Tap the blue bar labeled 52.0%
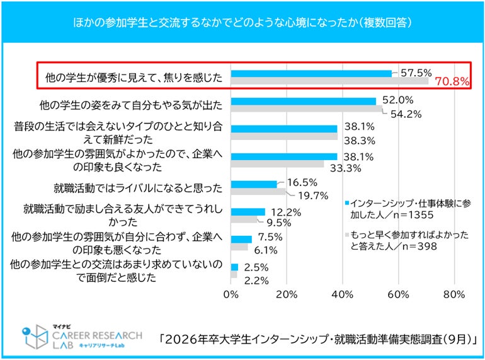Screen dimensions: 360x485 click(x=304, y=101)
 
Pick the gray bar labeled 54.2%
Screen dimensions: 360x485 click(x=307, y=108)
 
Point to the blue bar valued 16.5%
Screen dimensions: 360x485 click(x=254, y=184)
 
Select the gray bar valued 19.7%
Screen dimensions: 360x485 click(x=258, y=192)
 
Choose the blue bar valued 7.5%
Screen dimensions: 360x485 click(x=241, y=239)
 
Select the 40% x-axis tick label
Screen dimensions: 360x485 click(x=343, y=294)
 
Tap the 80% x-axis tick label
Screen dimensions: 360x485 click(x=454, y=294)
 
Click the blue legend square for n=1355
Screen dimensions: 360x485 click(x=346, y=203)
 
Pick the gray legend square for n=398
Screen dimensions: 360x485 click(x=346, y=235)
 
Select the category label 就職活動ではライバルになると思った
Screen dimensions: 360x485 click(x=139, y=187)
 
